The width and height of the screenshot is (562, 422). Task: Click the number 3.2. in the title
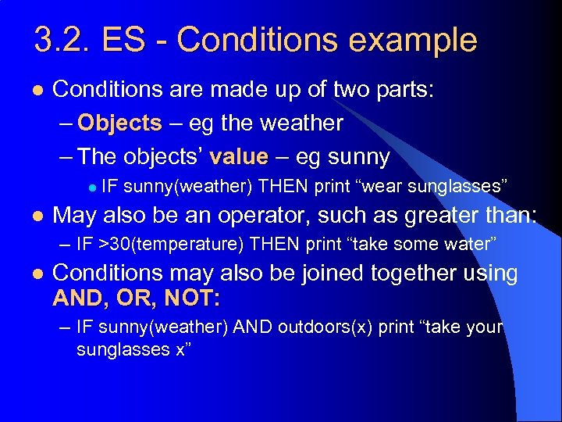(61, 39)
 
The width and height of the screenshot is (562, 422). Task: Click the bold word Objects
(119, 123)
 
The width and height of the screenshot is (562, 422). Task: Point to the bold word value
(238, 156)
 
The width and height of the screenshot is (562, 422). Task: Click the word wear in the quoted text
(381, 185)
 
